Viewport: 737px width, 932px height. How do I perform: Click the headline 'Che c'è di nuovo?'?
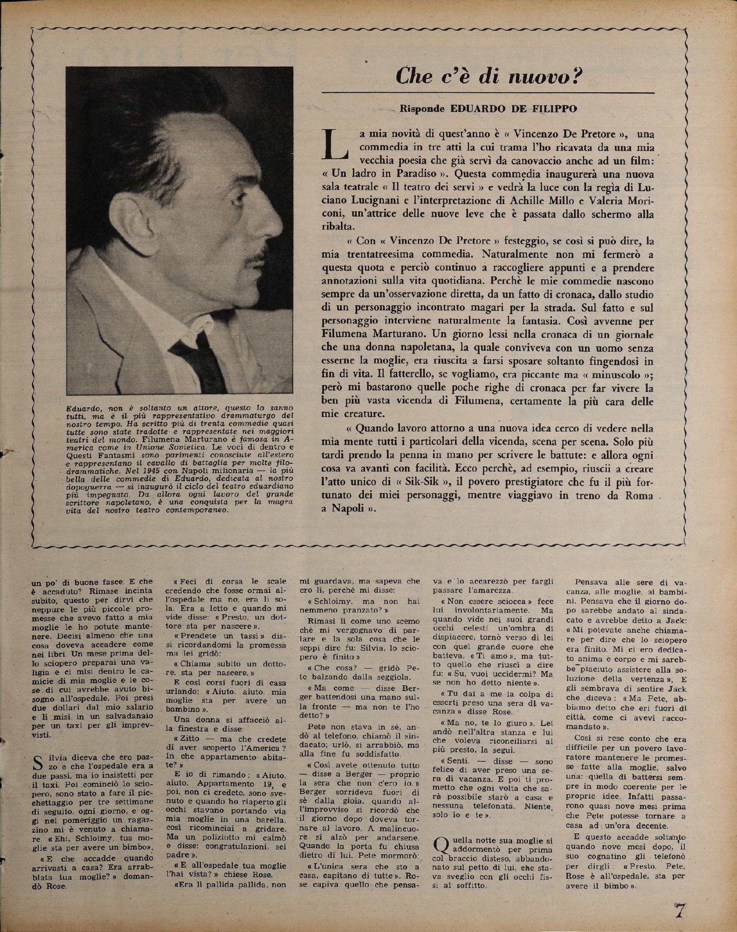[489, 75]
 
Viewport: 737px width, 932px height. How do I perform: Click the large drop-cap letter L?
[335, 143]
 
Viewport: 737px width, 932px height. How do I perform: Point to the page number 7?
[680, 909]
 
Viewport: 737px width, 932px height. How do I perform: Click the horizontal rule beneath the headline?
[488, 93]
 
